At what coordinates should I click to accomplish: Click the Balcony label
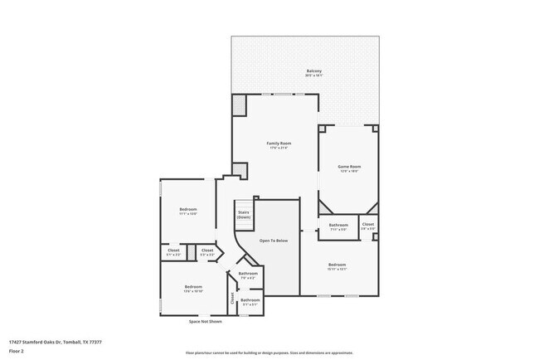point(313,71)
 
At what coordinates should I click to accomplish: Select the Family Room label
point(279,144)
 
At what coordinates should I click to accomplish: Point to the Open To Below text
point(274,241)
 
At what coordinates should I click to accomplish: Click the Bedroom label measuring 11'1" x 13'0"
point(188,209)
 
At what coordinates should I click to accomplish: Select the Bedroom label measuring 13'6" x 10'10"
point(193,288)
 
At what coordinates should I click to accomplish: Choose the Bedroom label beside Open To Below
point(337,265)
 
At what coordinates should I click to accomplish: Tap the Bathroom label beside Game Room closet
point(338,225)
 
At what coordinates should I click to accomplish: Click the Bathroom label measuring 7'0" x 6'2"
point(248,274)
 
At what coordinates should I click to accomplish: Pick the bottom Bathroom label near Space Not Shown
point(250,300)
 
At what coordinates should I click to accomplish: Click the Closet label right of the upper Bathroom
point(367,224)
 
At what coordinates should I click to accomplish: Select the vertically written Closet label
point(232,299)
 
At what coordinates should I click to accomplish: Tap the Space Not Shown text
point(205,321)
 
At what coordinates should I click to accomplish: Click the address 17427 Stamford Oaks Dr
point(55,341)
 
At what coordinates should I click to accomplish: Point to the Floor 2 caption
point(17,350)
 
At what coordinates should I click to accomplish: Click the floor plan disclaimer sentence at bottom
point(269,352)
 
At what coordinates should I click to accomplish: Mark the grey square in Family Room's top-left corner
point(240,105)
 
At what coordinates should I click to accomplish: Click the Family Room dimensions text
point(279,148)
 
